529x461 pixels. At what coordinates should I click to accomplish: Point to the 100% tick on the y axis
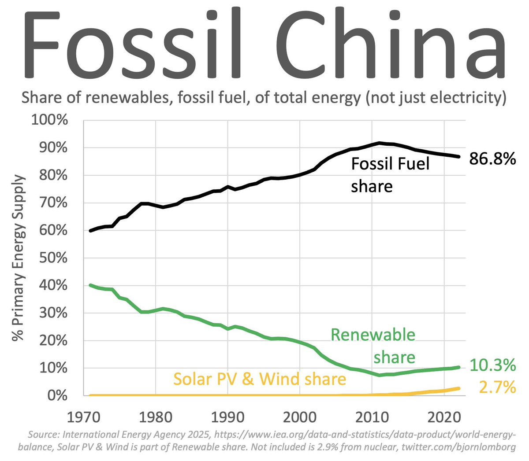[x=49, y=120]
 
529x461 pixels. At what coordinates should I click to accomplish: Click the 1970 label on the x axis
[x=83, y=416]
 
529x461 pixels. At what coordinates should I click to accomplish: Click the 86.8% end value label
[x=492, y=159]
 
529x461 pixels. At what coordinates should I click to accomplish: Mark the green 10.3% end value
[x=492, y=365]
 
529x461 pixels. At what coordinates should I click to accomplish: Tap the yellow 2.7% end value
[x=497, y=387]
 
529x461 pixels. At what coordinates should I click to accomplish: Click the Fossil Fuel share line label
[x=390, y=175]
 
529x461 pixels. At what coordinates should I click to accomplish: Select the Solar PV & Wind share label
[x=260, y=379]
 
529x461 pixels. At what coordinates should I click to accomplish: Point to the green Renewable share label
[x=373, y=346]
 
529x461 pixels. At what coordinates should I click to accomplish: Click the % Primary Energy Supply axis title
[x=18, y=258]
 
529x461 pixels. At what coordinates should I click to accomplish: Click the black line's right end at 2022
[x=459, y=156]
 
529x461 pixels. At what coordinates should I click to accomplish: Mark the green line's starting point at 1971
[x=90, y=285]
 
